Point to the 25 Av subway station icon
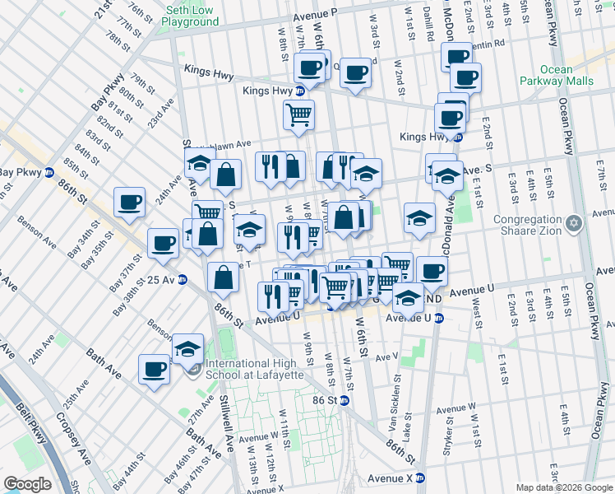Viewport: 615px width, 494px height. pyautogui.click(x=183, y=279)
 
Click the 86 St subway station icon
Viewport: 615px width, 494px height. pyautogui.click(x=344, y=400)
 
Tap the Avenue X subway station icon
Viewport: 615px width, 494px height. pyautogui.click(x=420, y=478)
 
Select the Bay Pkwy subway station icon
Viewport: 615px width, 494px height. pyautogui.click(x=49, y=173)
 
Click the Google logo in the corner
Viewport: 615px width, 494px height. pyautogui.click(x=27, y=483)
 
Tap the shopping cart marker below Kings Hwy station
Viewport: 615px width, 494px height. pyautogui.click(x=298, y=114)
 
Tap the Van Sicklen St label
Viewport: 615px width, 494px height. pyautogui.click(x=395, y=401)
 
